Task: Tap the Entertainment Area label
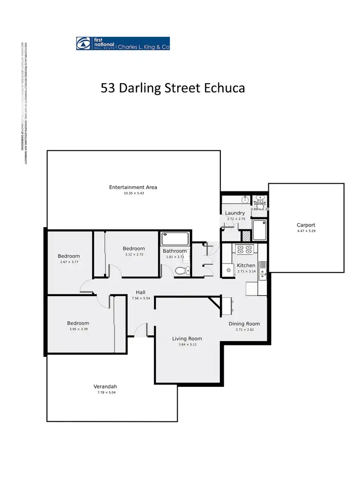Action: (x=133, y=187)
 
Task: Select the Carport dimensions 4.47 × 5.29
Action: (x=306, y=231)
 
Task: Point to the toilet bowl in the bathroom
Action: (x=181, y=270)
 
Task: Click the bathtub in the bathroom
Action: (x=176, y=238)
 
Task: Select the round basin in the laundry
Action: (x=245, y=199)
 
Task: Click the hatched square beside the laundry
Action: (x=246, y=236)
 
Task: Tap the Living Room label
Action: (x=187, y=339)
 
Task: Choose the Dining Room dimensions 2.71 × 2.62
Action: (x=244, y=330)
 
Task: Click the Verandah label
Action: (x=105, y=386)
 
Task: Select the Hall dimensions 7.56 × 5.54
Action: (x=141, y=298)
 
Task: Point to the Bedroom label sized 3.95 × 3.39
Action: (x=78, y=323)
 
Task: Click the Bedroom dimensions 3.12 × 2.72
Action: (x=133, y=254)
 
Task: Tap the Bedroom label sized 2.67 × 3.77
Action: (x=69, y=256)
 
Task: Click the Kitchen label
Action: (x=246, y=265)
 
